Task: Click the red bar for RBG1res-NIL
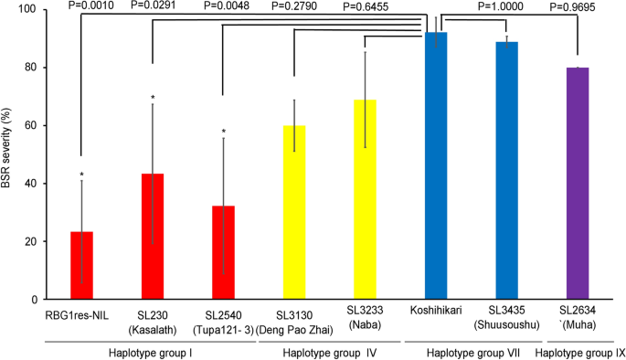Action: [82, 265]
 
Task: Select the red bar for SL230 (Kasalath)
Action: [152, 237]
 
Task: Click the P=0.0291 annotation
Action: [165, 5]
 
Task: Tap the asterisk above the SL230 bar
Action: [153, 98]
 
